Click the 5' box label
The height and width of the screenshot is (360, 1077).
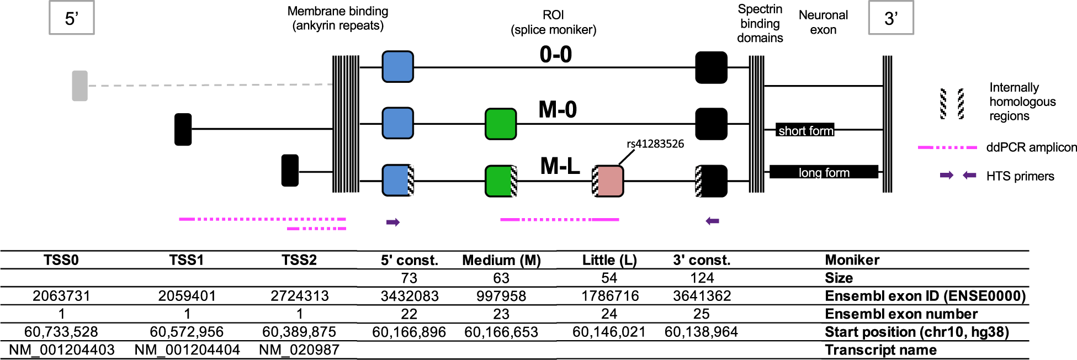pyautogui.click(x=72, y=18)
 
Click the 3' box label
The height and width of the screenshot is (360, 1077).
pyautogui.click(x=890, y=18)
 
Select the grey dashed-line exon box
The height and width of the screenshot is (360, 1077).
pyautogui.click(x=80, y=86)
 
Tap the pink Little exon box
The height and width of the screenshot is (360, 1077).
pyautogui.click(x=609, y=181)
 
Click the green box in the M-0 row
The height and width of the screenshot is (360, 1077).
pyautogui.click(x=500, y=124)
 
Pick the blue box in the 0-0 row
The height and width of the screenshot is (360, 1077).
pyautogui.click(x=397, y=67)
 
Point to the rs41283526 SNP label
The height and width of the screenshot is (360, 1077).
pyautogui.click(x=655, y=144)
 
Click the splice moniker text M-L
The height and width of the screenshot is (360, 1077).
pyautogui.click(x=559, y=166)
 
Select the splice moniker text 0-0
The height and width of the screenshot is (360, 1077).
pyautogui.click(x=555, y=55)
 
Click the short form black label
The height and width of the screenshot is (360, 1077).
pyautogui.click(x=805, y=130)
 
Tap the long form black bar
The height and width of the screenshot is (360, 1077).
pyautogui.click(x=824, y=172)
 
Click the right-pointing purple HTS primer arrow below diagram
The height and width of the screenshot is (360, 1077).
pyautogui.click(x=393, y=223)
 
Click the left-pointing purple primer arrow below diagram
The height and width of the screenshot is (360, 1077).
pyautogui.click(x=713, y=221)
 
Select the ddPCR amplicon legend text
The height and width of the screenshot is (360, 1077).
pyautogui.click(x=1031, y=147)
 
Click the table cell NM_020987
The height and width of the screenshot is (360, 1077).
pyautogui.click(x=299, y=350)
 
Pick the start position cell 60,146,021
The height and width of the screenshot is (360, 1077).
pyautogui.click(x=609, y=332)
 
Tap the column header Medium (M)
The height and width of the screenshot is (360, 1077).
pyautogui.click(x=501, y=260)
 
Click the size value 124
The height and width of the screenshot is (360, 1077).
pyautogui.click(x=702, y=278)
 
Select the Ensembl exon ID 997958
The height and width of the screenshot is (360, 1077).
pyautogui.click(x=501, y=296)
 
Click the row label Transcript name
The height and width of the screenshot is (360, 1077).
pyautogui.click(x=880, y=350)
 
